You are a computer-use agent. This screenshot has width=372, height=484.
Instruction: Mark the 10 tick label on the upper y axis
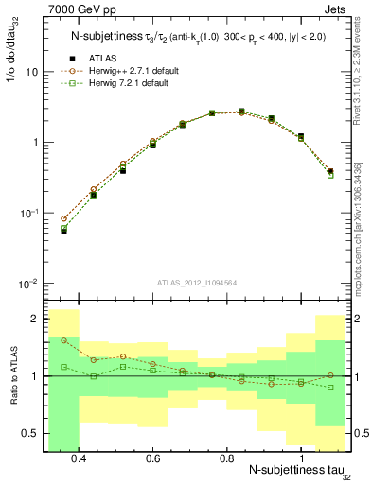[31, 72]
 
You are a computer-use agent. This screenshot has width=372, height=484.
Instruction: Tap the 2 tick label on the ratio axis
[34, 320]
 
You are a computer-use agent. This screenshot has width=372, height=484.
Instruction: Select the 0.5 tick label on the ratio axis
[30, 434]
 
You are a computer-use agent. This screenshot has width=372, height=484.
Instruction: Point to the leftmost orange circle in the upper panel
[63, 218]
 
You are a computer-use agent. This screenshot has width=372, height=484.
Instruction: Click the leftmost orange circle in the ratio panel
[63, 340]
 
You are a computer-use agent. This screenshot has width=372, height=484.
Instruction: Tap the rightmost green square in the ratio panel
[330, 388]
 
